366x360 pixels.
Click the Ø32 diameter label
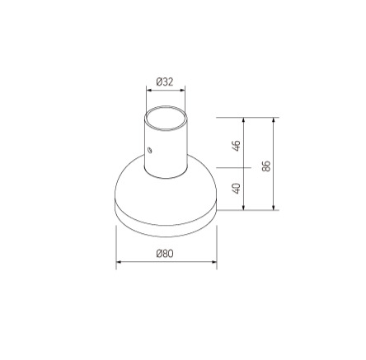165,82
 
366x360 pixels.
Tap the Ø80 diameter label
165,255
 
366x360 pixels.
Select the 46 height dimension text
237,145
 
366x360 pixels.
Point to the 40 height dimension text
237,189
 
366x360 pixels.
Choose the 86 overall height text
266,164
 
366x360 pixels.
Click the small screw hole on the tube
150,150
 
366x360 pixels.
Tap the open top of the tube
165,118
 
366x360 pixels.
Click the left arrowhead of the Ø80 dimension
118,264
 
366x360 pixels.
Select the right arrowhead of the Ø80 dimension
214,264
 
